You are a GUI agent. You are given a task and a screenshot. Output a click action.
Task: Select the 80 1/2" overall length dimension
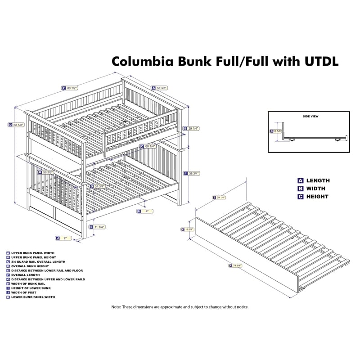pos(72,88)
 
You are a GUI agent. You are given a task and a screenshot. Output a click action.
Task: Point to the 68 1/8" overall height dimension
pos(18,125)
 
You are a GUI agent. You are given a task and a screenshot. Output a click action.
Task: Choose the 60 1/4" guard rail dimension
pos(150,146)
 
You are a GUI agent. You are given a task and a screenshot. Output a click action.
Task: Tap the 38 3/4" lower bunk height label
pos(193,173)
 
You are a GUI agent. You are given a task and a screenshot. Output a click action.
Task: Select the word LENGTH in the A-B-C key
pos(318,180)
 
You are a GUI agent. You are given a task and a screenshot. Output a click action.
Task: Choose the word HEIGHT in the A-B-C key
pos(317,197)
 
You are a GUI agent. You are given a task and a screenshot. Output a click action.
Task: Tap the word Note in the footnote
pos(116,307)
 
